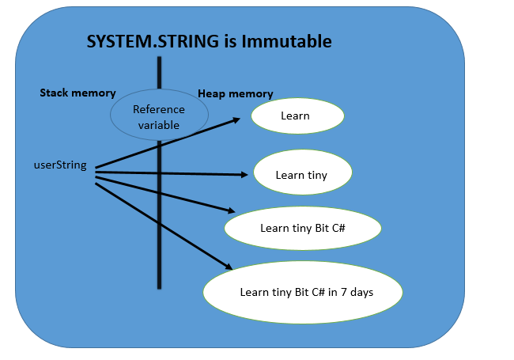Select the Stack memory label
click(77, 93)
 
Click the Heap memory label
click(235, 93)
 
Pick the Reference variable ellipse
click(158, 117)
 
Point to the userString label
click(60, 165)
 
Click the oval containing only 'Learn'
click(297, 116)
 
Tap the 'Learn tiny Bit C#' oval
click(303, 228)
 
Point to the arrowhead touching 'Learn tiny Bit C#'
click(231, 211)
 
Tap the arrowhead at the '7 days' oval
click(229, 269)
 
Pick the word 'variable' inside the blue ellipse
click(159, 125)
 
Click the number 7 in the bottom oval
click(341, 292)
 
